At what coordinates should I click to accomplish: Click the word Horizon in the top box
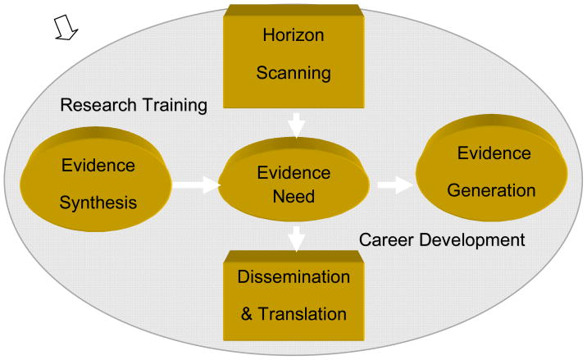294,35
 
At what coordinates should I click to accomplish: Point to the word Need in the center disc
293,198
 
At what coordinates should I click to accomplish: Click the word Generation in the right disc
491,190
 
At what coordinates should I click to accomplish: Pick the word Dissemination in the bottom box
293,276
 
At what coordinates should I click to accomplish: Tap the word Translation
304,313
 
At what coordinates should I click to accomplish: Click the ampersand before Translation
246,313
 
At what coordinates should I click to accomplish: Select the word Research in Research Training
96,105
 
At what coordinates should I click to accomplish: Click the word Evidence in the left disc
98,165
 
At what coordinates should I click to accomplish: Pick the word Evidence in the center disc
293,173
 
